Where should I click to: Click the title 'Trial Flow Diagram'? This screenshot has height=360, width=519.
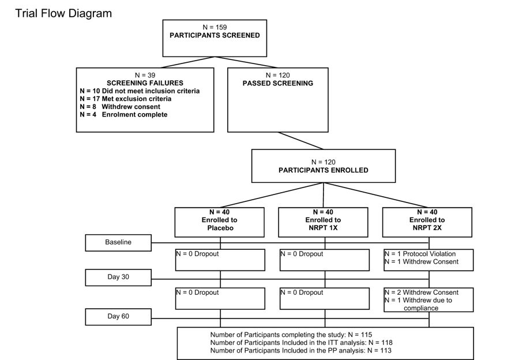(63, 14)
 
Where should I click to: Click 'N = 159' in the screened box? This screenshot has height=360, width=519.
(215, 27)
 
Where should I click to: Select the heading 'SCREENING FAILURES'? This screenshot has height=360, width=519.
(145, 83)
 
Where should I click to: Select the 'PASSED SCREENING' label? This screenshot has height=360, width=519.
(278, 83)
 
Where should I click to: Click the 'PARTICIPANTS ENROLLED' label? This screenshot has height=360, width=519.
(324, 170)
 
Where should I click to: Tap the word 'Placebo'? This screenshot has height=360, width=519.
(220, 228)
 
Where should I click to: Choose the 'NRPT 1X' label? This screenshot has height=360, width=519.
(323, 228)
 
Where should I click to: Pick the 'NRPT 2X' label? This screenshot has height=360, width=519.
(427, 228)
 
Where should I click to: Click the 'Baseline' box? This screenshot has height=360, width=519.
(118, 243)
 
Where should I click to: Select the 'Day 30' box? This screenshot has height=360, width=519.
(118, 277)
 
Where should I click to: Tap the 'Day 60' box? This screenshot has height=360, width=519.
(118, 317)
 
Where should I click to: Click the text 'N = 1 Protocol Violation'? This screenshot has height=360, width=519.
(420, 254)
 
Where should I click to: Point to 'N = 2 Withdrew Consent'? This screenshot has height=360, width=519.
(422, 292)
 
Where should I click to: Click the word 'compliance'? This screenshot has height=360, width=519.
(421, 308)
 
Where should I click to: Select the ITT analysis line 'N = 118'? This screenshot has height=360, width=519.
(381, 343)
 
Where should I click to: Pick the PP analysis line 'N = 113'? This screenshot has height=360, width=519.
(379, 350)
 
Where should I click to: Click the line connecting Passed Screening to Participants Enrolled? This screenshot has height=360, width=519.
(300, 141)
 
